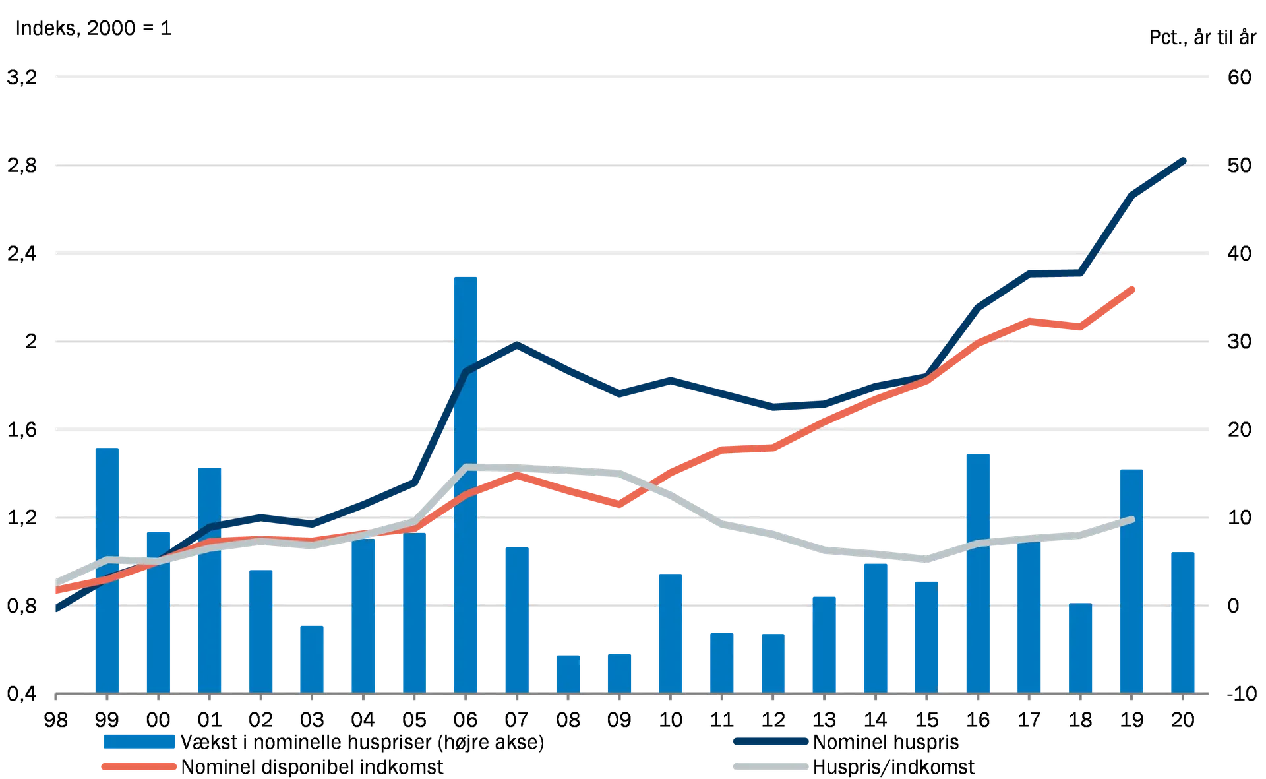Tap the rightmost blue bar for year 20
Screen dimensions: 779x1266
click(x=1183, y=621)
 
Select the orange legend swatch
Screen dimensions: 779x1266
click(x=139, y=767)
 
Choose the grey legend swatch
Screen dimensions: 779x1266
click(x=771, y=767)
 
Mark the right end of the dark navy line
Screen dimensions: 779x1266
click(x=1185, y=159)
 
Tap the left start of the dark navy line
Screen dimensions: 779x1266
click(x=57, y=610)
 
